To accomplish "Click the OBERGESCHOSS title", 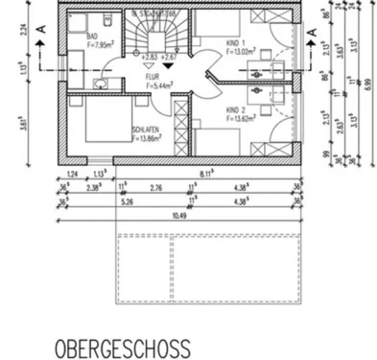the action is tap(122, 347).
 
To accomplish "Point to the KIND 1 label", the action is tap(235, 42).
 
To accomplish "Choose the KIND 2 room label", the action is tap(236, 110).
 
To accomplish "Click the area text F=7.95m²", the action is tap(102, 42).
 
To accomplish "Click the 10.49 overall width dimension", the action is tap(177, 216).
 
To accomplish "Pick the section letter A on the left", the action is tap(41, 32).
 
